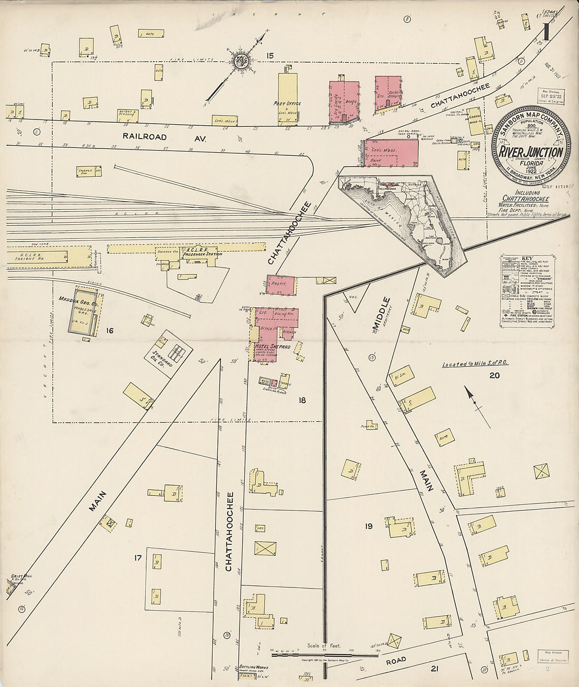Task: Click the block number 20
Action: pyautogui.click(x=493, y=375)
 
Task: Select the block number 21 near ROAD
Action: pyautogui.click(x=434, y=669)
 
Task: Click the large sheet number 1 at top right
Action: pyautogui.click(x=548, y=33)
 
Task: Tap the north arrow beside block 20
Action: pyautogui.click(x=473, y=402)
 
